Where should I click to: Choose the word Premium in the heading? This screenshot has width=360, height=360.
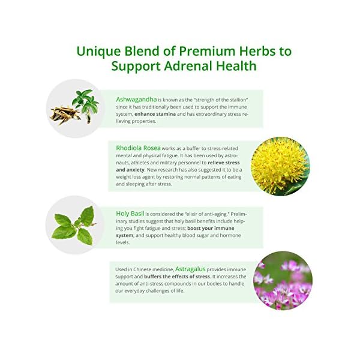(x=191, y=51)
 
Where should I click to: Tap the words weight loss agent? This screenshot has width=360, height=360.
(x=136, y=177)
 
